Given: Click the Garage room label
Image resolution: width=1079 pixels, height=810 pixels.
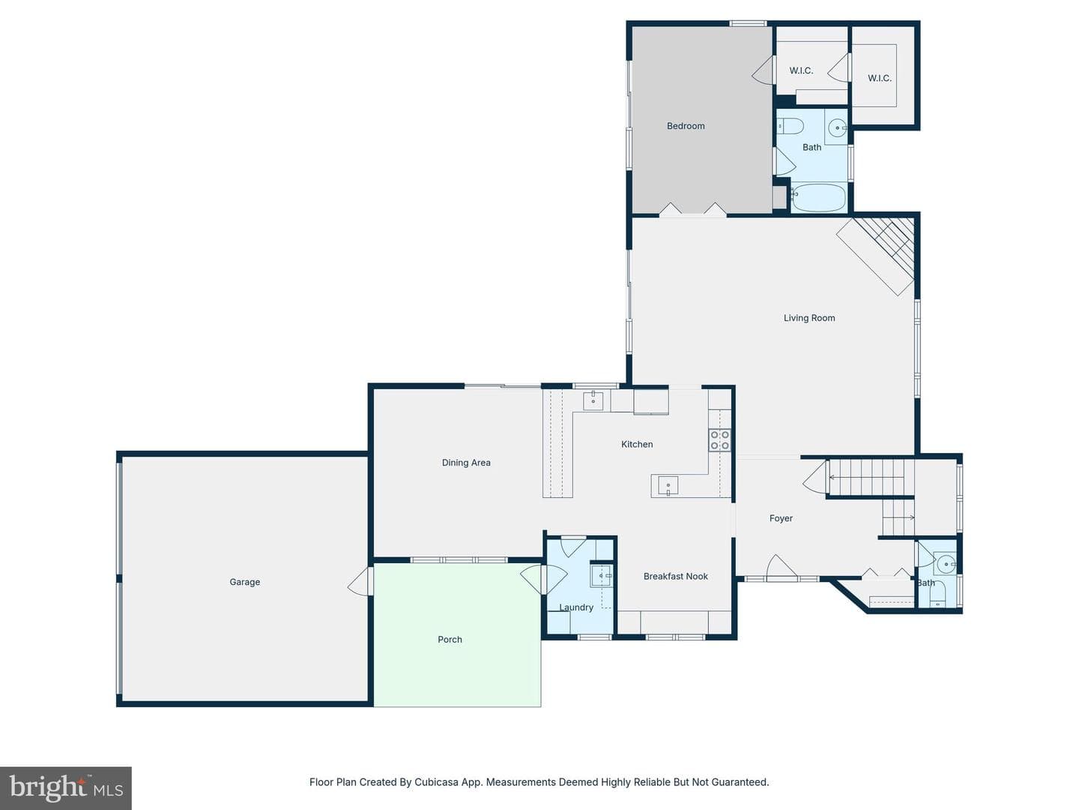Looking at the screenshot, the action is pyautogui.click(x=245, y=582).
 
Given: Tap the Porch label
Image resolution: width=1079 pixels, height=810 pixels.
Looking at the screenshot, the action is pyautogui.click(x=450, y=639).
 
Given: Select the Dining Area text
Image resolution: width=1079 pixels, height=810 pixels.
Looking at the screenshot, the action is pyautogui.click(x=466, y=462).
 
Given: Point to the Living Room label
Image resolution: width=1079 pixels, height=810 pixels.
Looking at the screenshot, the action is pyautogui.click(x=809, y=318).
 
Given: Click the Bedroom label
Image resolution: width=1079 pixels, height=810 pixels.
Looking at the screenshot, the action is pyautogui.click(x=686, y=126).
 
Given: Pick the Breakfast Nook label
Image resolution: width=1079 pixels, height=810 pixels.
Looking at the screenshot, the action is pyautogui.click(x=676, y=576).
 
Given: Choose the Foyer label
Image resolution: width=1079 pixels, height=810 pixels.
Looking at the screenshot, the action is pyautogui.click(x=781, y=517).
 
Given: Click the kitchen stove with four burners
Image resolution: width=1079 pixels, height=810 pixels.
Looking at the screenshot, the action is pyautogui.click(x=719, y=439).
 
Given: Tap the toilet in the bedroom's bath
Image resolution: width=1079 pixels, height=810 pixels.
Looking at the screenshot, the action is pyautogui.click(x=790, y=127).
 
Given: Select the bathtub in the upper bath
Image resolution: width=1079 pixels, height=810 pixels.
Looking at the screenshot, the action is pyautogui.click(x=818, y=198).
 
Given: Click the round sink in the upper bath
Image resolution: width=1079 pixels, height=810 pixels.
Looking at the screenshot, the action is pyautogui.click(x=837, y=127).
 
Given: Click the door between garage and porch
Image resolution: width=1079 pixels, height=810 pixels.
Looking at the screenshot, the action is pyautogui.click(x=360, y=581).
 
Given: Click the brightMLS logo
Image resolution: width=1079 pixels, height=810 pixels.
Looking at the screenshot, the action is pyautogui.click(x=66, y=787).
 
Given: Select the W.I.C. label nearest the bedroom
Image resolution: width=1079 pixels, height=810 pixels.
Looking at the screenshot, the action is pyautogui.click(x=801, y=70).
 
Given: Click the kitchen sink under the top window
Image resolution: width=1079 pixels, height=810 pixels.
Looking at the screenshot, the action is pyautogui.click(x=593, y=400).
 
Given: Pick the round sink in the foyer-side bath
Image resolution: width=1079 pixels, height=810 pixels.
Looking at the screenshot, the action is pyautogui.click(x=946, y=564).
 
